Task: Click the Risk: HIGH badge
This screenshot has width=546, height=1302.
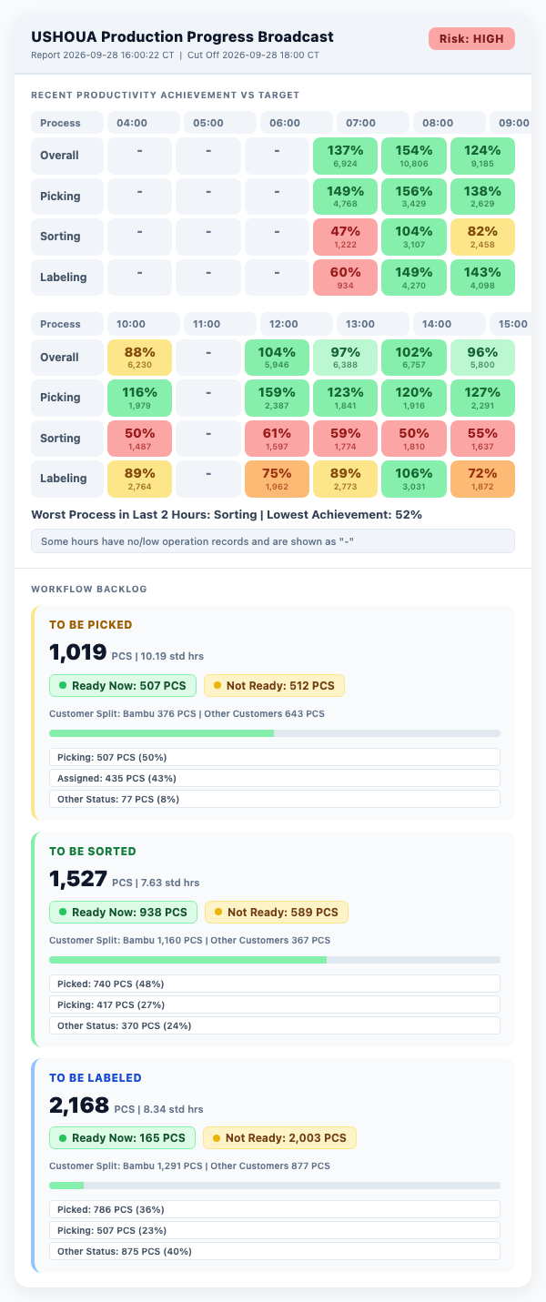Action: (x=471, y=39)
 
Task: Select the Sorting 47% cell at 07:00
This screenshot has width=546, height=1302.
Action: (x=346, y=237)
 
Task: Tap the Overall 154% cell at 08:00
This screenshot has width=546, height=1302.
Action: (x=414, y=156)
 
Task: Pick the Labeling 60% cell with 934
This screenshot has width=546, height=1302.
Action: (x=346, y=278)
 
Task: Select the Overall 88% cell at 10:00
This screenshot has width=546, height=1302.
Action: (x=139, y=358)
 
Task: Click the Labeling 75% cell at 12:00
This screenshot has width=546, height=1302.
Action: (x=277, y=479)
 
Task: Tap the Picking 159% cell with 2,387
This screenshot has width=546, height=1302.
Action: (x=277, y=398)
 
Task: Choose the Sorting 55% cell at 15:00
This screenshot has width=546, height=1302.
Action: (x=482, y=439)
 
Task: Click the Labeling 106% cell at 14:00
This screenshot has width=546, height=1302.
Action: (x=414, y=479)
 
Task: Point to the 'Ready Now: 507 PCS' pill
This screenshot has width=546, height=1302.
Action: (x=123, y=685)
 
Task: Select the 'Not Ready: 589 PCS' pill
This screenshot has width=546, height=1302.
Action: (x=277, y=912)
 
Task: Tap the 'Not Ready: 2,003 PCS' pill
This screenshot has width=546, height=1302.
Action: (x=279, y=1137)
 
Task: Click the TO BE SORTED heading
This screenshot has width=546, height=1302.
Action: (x=93, y=851)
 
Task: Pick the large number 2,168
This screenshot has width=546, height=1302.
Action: (x=79, y=1105)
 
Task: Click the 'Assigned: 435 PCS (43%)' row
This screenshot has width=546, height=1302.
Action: (x=275, y=778)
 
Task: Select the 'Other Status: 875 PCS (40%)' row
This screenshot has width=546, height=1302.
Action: (x=275, y=1251)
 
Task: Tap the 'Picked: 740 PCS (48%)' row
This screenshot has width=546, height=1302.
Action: (x=275, y=984)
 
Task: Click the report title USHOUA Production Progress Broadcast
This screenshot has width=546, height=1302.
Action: (x=182, y=36)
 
